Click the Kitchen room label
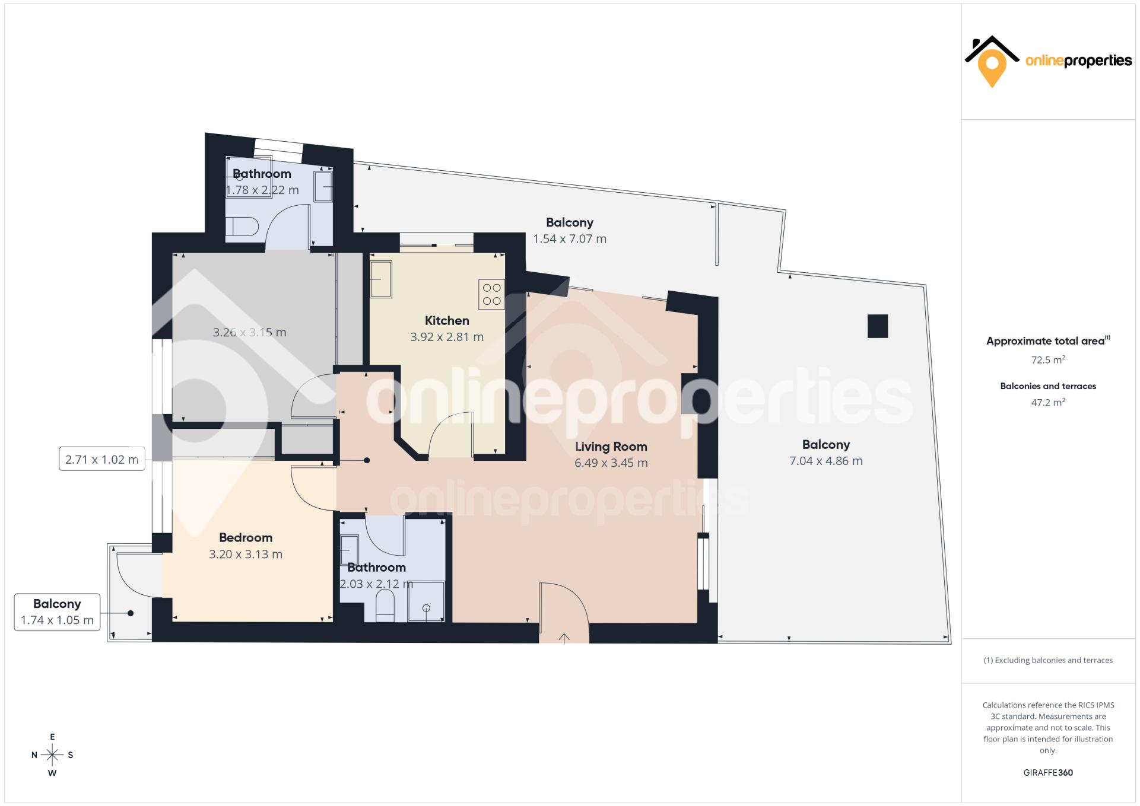point(447,321)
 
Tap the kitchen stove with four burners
point(491,294)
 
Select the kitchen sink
point(381,279)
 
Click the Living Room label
point(611,447)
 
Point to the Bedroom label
point(246,538)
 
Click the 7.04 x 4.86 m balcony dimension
point(826,461)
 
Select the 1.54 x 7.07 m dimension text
point(570,239)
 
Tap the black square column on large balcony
point(878,326)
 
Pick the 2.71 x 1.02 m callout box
point(102,459)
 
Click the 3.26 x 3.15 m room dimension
point(249,333)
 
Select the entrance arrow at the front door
point(564,638)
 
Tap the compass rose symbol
point(52,755)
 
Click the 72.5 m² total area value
point(1048,359)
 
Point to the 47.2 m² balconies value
point(1048,402)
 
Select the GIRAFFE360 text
point(1048,773)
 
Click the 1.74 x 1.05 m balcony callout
point(57,612)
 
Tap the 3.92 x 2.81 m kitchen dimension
point(447,337)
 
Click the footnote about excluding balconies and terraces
point(1048,660)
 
